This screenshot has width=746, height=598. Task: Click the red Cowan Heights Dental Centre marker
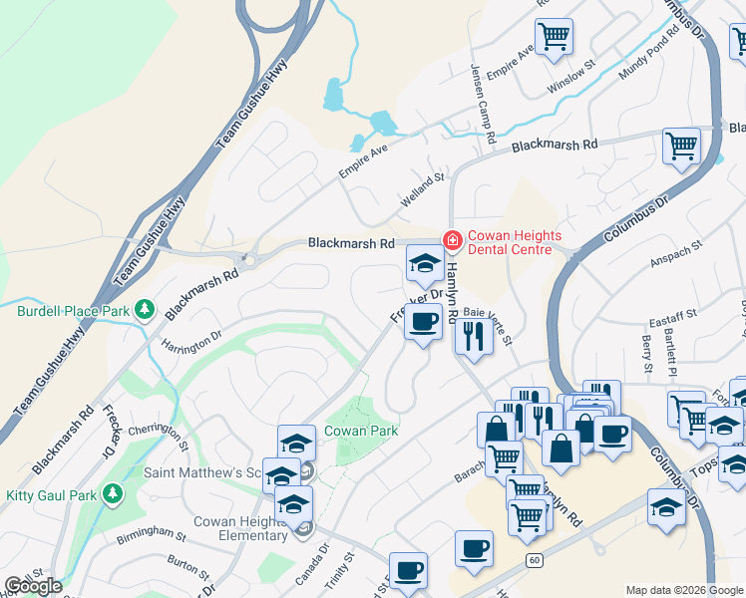[x=451, y=240]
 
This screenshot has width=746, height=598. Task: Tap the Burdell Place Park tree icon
[x=145, y=310]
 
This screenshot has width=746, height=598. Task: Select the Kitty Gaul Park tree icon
[x=114, y=492]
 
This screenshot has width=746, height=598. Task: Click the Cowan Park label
[x=361, y=431]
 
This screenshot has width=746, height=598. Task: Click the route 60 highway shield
[x=535, y=561]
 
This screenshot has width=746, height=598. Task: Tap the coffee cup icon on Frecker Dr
[x=424, y=322]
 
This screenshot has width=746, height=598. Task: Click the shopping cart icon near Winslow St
[x=554, y=37]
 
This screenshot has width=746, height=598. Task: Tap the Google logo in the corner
[x=34, y=585]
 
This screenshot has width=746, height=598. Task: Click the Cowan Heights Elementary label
[x=239, y=528]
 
